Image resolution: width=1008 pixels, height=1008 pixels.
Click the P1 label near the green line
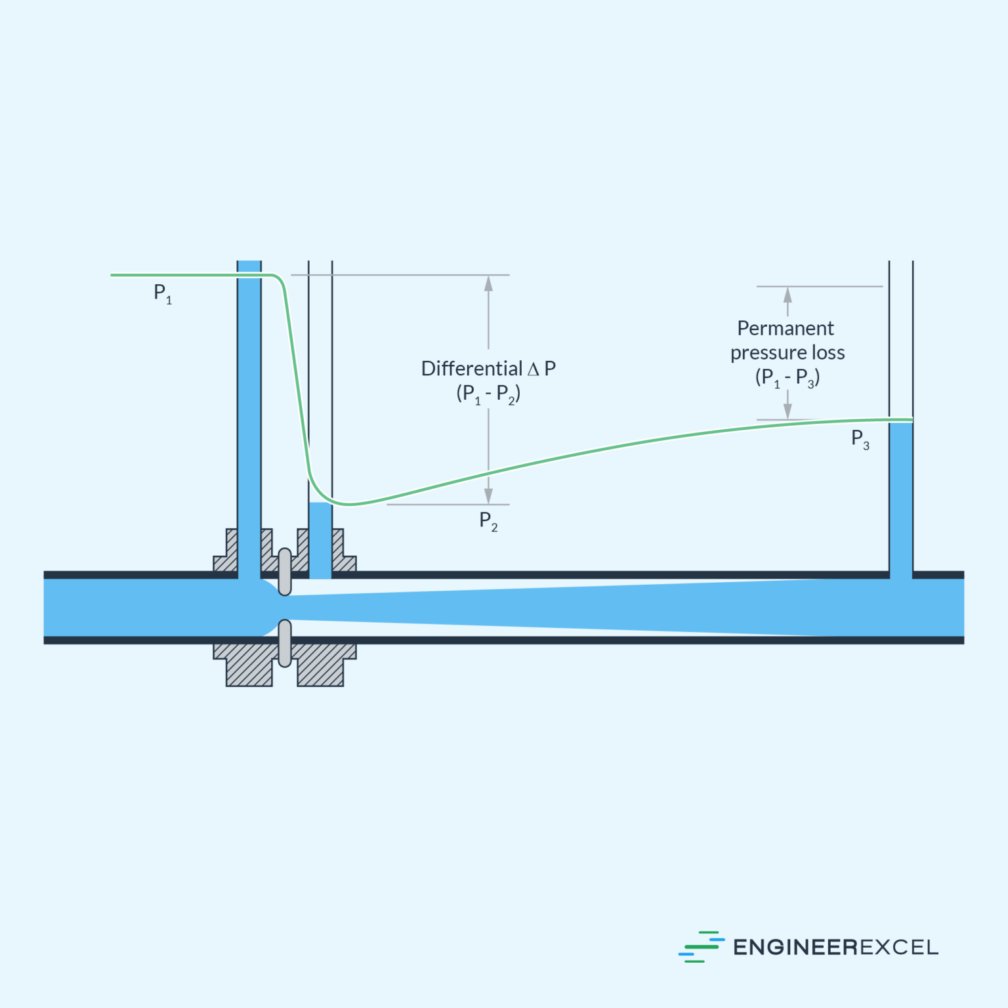(162, 293)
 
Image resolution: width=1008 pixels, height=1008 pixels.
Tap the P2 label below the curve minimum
(488, 521)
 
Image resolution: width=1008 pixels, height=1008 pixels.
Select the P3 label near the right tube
(860, 439)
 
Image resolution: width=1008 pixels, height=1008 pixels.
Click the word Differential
(471, 369)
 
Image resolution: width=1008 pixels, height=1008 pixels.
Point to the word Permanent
(786, 328)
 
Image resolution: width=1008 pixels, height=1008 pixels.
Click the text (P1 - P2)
(488, 394)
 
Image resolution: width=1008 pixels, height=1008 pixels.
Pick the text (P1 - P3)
(787, 378)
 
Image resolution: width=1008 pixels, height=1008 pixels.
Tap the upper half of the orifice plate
(285, 572)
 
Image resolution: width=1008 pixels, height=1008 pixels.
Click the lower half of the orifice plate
(285, 643)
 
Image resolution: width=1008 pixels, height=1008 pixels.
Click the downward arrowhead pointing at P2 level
(488, 496)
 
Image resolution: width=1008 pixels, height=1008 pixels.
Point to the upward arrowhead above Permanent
(787, 294)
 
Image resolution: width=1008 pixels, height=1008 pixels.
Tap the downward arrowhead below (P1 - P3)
(787, 411)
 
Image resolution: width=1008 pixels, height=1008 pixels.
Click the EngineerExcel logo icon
(701, 946)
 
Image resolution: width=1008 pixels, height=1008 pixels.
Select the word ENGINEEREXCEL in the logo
(835, 947)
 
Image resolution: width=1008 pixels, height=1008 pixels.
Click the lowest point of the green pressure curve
(349, 504)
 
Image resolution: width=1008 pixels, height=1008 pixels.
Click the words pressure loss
(787, 353)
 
